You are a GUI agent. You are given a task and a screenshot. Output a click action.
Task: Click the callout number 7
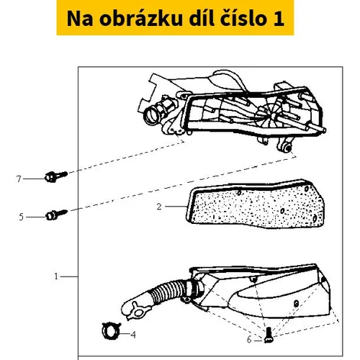pos(19,179)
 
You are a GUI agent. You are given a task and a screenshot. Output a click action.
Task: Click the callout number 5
pos(22,217)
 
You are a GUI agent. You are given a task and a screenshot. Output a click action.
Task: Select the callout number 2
pos(159,207)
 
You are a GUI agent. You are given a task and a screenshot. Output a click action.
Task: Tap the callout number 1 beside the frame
pos(56,276)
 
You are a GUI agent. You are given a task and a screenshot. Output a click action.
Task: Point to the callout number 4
pos(133,335)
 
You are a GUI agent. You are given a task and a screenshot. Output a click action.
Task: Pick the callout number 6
pos(249,340)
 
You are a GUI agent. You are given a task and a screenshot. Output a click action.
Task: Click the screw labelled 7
pos(56,176)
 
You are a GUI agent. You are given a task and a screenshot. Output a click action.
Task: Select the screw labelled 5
pos(57,215)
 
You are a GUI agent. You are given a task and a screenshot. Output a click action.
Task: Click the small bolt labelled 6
pos(268,335)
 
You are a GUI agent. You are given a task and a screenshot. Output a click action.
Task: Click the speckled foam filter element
pos(256,204)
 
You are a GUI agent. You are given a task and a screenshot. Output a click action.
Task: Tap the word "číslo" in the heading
pos(243,19)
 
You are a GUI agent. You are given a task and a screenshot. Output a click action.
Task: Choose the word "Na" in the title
pos(80,19)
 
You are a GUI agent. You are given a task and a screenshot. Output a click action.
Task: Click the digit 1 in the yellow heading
pos(279,19)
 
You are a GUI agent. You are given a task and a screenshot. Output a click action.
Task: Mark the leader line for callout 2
pos(176,207)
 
